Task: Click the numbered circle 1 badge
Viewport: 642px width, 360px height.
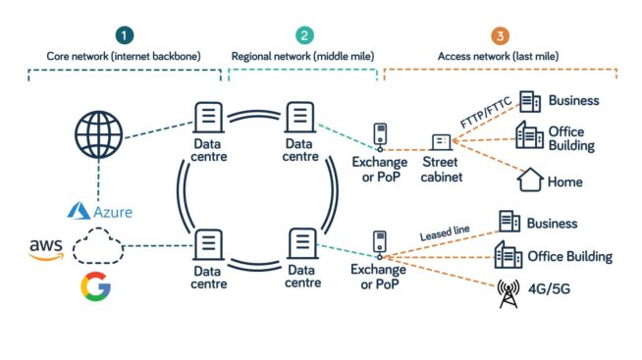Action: tap(124, 36)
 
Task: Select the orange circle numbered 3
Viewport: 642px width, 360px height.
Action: tap(502, 36)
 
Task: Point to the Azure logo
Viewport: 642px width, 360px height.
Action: tap(99, 211)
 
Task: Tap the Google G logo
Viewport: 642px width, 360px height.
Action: tap(96, 286)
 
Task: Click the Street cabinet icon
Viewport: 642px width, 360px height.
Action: tap(442, 142)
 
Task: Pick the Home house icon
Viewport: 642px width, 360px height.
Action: tap(530, 180)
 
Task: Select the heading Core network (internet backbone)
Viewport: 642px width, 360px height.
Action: tap(124, 57)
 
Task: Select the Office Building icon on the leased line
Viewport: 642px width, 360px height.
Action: tap(508, 256)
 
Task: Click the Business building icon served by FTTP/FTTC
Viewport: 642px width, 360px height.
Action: tap(529, 101)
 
